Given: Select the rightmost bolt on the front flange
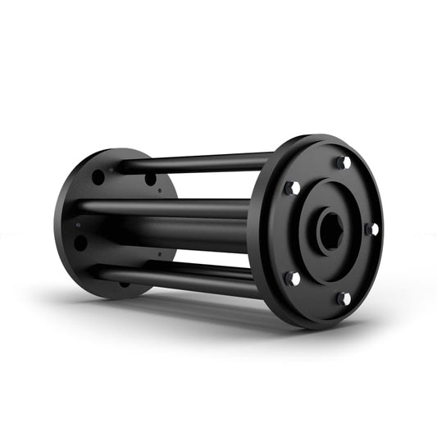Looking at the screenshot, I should pos(371,229).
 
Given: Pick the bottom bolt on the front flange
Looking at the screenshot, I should pos(341,298).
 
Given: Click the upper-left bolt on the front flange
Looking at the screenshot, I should pos(291,189).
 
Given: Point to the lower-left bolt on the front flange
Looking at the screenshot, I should pos(291,278).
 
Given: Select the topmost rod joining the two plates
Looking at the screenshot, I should pos(197,162).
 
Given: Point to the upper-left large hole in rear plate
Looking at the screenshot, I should pos(98,176).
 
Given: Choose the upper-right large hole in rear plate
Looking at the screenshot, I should pos(151,179).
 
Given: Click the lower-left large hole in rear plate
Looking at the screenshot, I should pos(80,243).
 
